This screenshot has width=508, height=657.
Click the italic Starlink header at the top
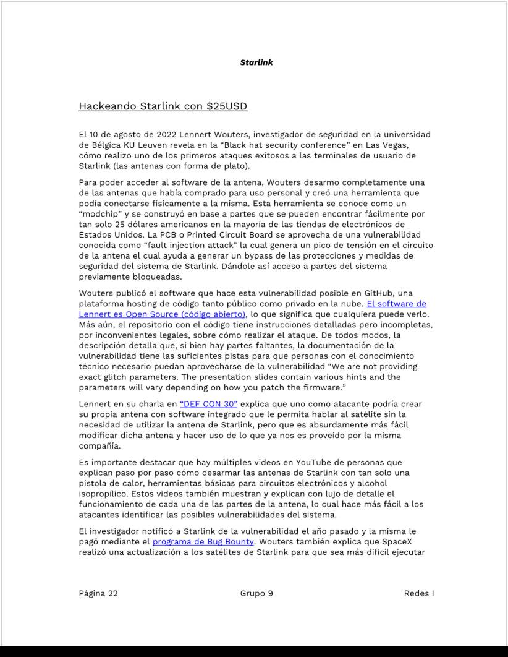256,62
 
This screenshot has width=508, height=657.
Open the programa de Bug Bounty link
203,542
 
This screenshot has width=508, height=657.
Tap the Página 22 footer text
98,593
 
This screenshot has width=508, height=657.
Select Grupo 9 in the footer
256,593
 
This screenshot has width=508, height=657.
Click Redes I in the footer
418,593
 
